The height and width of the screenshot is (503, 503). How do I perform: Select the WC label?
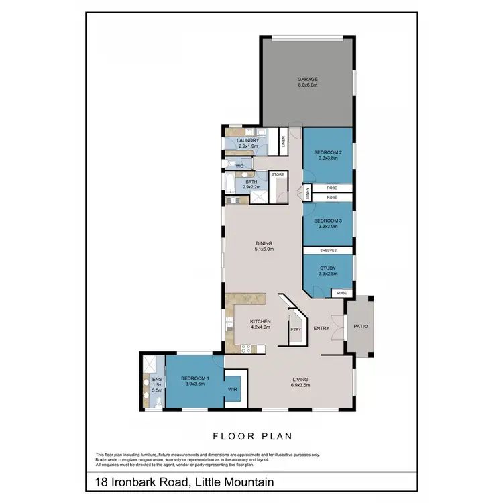(239, 165)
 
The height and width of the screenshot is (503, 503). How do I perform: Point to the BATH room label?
(251, 182)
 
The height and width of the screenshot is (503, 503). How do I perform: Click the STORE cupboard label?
(278, 174)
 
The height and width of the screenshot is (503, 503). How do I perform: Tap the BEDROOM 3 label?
(329, 221)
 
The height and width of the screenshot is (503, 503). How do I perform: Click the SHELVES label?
(328, 251)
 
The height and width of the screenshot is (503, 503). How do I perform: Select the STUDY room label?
(329, 267)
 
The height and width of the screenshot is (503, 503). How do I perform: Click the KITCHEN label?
(260, 321)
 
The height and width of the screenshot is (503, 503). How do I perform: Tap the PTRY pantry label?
(295, 329)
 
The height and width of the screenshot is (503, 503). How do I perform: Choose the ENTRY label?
(321, 328)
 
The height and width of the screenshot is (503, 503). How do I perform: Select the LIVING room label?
(300, 379)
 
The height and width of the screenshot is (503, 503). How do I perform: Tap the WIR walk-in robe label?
(233, 388)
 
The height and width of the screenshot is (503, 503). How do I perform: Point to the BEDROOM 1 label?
(195, 378)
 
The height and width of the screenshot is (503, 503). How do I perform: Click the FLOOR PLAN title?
(252, 436)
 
